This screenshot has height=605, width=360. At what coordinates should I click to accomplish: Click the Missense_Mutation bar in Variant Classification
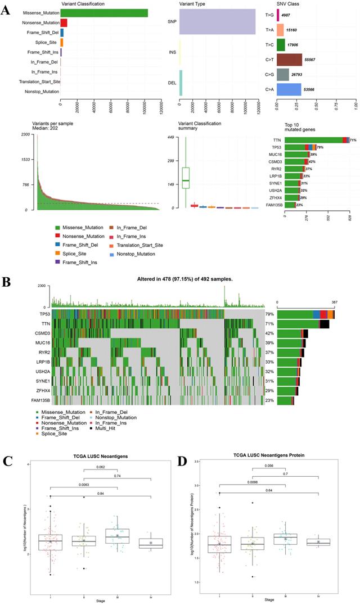pos(104,13)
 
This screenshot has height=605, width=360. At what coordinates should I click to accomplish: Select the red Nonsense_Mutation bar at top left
pos(64,22)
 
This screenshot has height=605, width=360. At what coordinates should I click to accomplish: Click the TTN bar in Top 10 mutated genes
pos(313,140)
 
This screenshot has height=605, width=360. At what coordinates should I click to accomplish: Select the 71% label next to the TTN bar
pos(353,140)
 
